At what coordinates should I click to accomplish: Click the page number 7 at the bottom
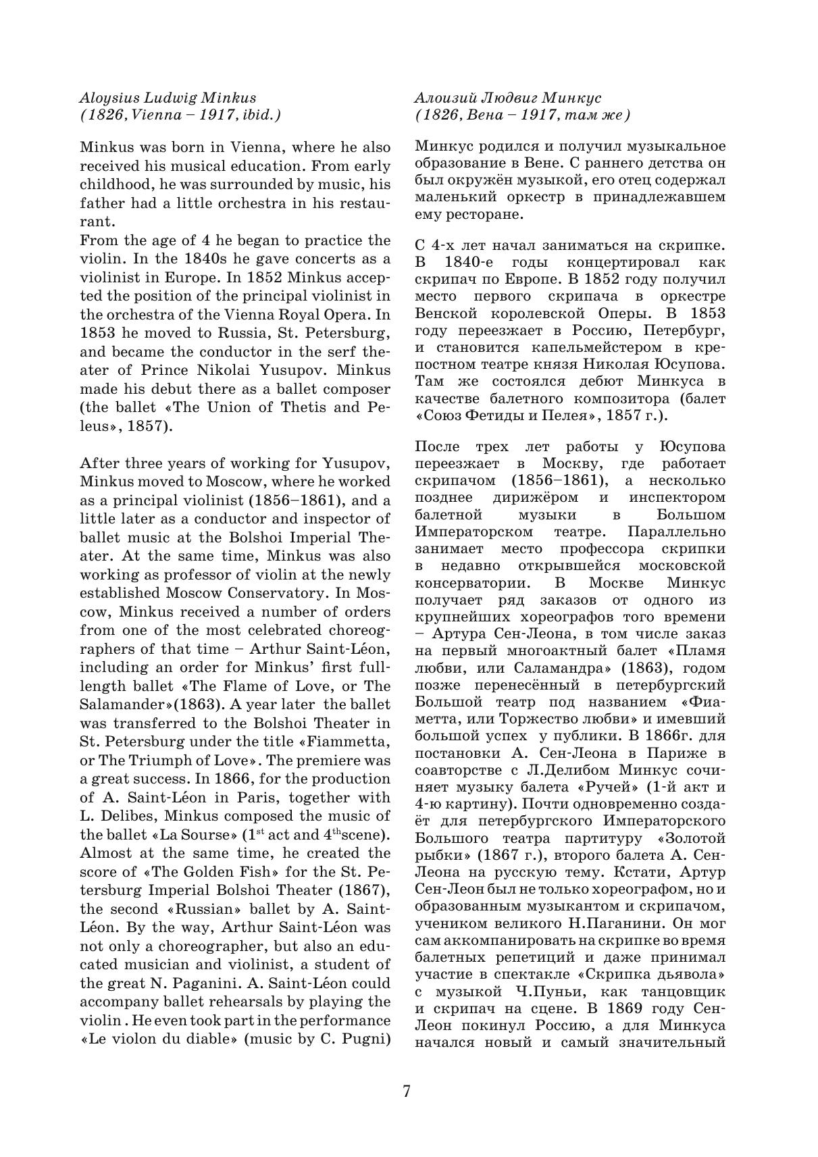click(407, 1091)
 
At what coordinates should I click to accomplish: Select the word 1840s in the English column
click(205, 259)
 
